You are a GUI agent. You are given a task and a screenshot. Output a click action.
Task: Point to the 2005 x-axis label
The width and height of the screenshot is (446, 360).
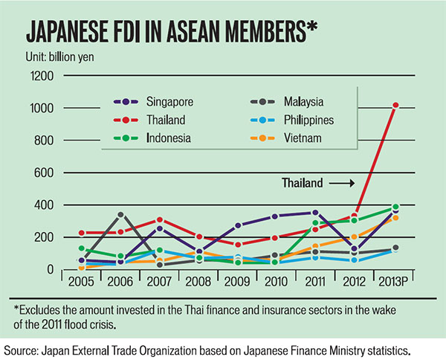[x=80, y=284]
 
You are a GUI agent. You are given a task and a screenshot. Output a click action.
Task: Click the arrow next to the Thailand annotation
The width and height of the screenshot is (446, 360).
[x=341, y=181]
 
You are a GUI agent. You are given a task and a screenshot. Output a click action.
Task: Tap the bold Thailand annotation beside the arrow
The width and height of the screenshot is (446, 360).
[x=302, y=181]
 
